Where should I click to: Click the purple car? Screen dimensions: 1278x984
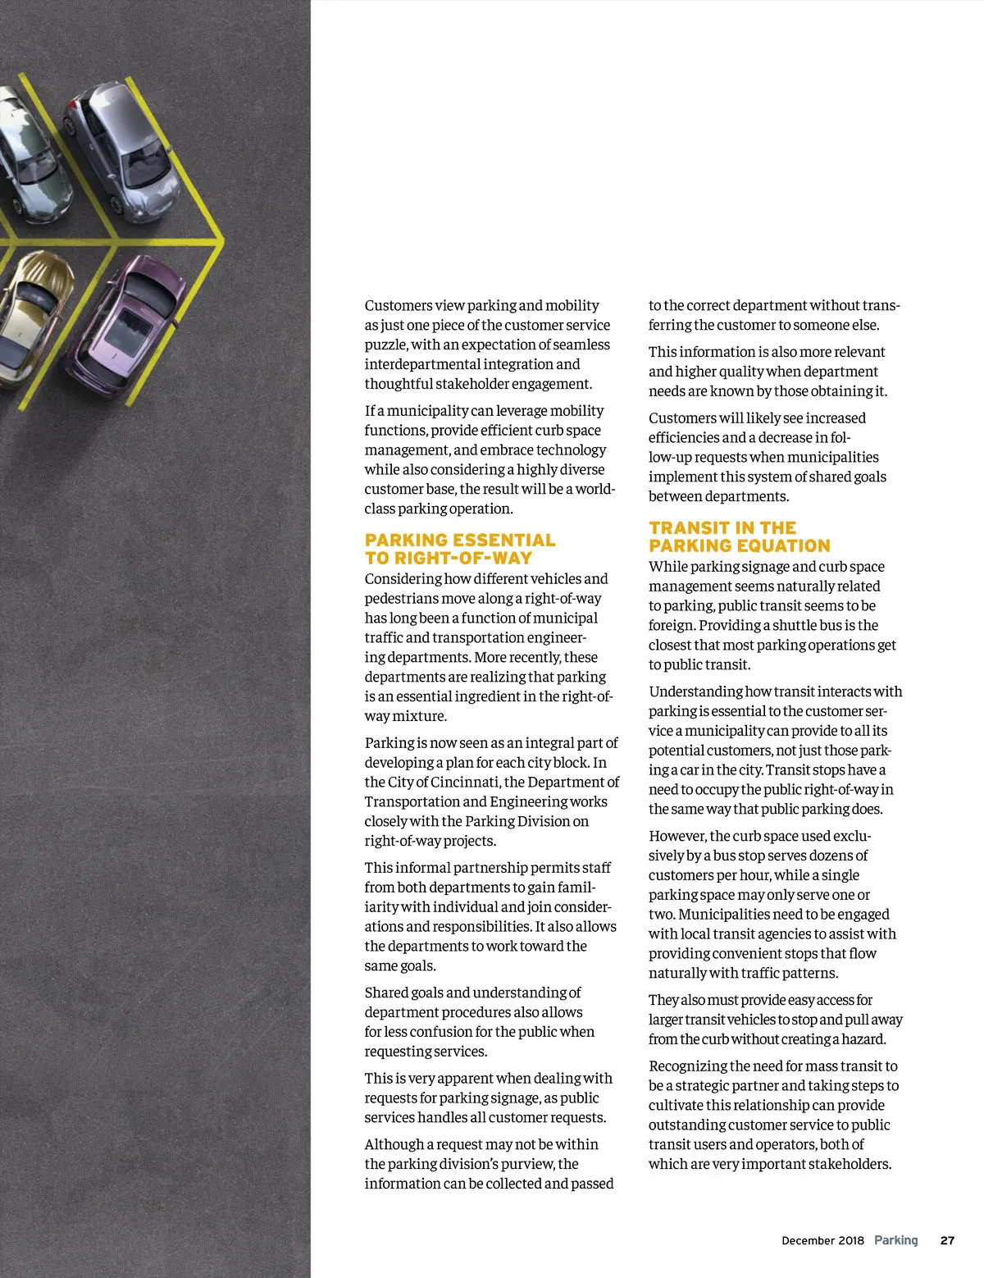(x=127, y=324)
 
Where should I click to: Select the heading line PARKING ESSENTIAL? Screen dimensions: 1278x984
(x=460, y=540)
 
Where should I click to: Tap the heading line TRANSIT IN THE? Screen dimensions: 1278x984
(x=722, y=527)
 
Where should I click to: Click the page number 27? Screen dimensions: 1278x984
(x=947, y=1240)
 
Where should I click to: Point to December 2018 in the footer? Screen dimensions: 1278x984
(x=822, y=1240)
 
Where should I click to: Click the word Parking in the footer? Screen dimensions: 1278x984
(x=895, y=1240)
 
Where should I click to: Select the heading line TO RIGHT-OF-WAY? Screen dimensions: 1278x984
(x=449, y=558)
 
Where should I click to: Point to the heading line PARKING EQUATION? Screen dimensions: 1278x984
(x=740, y=545)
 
